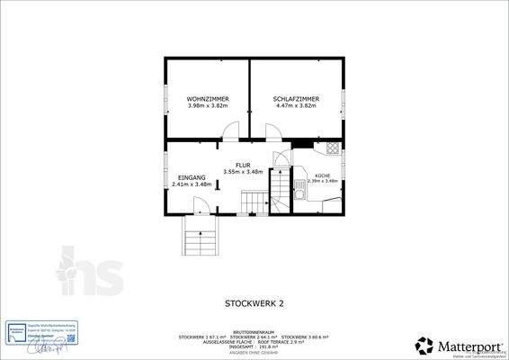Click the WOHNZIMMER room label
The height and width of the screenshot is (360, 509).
click(x=207, y=98)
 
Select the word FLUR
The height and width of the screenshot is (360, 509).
click(x=242, y=165)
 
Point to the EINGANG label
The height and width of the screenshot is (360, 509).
click(x=192, y=177)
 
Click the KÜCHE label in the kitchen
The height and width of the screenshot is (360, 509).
click(x=323, y=175)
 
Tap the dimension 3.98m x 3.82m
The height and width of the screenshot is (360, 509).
click(x=207, y=105)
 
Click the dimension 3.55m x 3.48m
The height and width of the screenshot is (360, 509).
click(x=242, y=172)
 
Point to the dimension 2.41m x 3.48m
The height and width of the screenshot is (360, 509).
click(x=192, y=184)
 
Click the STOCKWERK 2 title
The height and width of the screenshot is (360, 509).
click(x=254, y=304)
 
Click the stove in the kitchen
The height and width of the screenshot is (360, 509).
click(x=333, y=148)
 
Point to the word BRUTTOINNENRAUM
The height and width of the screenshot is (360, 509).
click(x=254, y=331)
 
